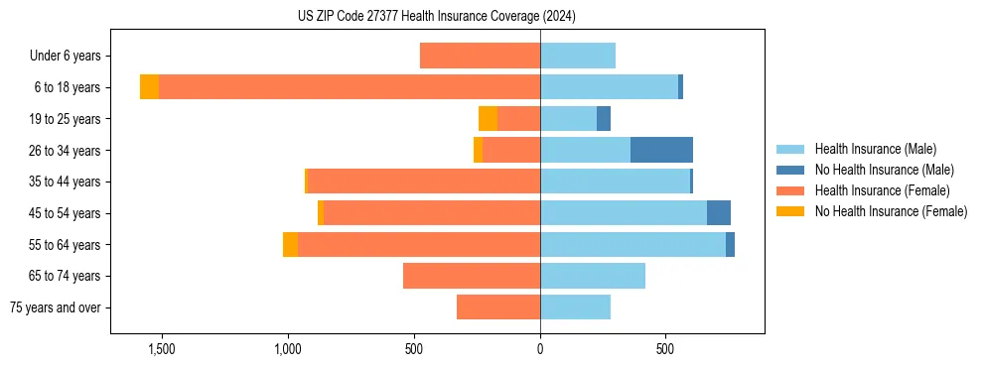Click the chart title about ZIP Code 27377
[x=436, y=16]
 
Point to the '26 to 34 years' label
[x=66, y=150]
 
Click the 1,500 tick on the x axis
[x=161, y=349]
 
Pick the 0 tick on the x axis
[x=540, y=349]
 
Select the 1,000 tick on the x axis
[x=287, y=349]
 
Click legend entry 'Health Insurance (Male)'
[x=875, y=149]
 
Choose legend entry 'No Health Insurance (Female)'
[x=891, y=211]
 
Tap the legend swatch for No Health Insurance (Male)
[x=791, y=170]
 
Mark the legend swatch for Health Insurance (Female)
[x=791, y=190]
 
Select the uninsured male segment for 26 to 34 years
[x=661, y=150]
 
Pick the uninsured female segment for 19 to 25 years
[x=488, y=119]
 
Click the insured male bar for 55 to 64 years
[x=632, y=244]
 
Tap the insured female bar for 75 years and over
[x=498, y=307]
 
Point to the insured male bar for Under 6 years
[x=578, y=56]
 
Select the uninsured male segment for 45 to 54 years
[x=719, y=213]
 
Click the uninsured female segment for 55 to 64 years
[x=290, y=244]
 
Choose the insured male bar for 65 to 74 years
[x=593, y=276]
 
